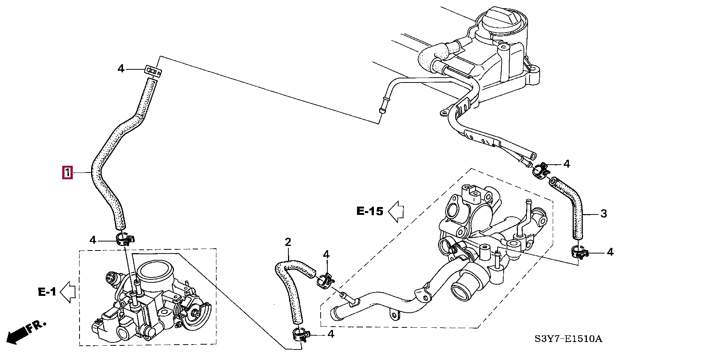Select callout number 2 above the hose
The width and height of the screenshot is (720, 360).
pyautogui.click(x=288, y=242)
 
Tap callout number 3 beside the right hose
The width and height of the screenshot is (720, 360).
pyautogui.click(x=603, y=214)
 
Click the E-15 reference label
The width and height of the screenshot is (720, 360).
pyautogui.click(x=370, y=211)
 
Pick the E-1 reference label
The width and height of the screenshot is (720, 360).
pyautogui.click(x=47, y=292)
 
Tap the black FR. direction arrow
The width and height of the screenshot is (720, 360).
pyautogui.click(x=17, y=335)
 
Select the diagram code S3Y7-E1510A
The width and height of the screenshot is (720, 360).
pyautogui.click(x=568, y=339)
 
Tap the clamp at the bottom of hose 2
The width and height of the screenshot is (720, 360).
pyautogui.click(x=300, y=334)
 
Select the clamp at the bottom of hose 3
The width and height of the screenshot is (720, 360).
pyautogui.click(x=579, y=252)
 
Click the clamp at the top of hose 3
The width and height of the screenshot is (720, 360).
pyautogui.click(x=541, y=171)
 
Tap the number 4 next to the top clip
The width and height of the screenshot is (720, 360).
pyautogui.click(x=121, y=69)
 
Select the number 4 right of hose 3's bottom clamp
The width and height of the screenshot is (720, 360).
pyautogui.click(x=610, y=252)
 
